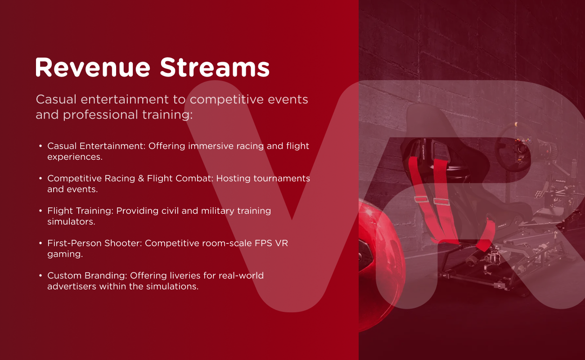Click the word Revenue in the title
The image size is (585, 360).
click(93, 67)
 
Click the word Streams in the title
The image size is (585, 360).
click(214, 67)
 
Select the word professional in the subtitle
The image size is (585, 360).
click(100, 115)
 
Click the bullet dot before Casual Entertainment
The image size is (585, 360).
click(40, 146)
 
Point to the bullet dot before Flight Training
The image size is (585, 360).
click(40, 211)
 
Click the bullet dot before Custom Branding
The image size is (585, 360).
click(40, 275)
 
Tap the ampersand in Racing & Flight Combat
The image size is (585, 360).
click(141, 179)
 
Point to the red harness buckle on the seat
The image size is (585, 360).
click(441, 202)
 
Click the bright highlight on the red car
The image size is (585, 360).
click(369, 212)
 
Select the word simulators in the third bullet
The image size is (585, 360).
click(71, 222)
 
